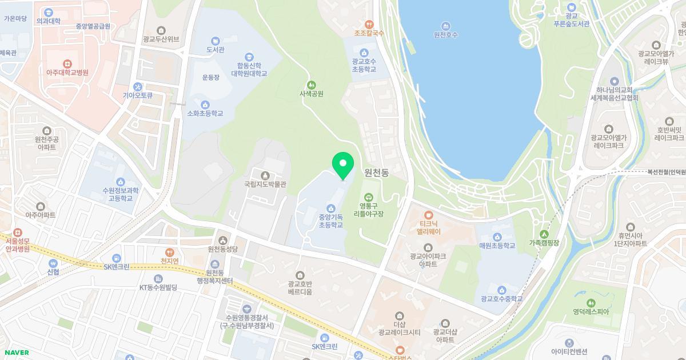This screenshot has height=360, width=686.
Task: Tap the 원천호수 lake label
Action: pyautogui.click(x=446, y=35)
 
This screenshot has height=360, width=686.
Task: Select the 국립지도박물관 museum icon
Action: pyautogui.click(x=265, y=175)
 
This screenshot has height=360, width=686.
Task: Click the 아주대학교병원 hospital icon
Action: pyautogui.click(x=67, y=63)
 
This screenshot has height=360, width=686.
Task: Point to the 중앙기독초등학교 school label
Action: pyautogui.click(x=330, y=221)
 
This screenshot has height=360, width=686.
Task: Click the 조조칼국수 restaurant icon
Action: pyautogui.click(x=369, y=24)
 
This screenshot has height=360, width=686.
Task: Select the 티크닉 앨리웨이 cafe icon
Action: pyautogui.click(x=428, y=214)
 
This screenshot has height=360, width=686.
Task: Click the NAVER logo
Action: pyautogui.click(x=15, y=353)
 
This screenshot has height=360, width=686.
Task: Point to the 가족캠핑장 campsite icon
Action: pyautogui.click(x=544, y=233)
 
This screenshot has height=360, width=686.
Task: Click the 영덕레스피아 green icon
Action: pyautogui.click(x=591, y=302)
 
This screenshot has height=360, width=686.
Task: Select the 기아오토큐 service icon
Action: pyautogui.click(x=137, y=86)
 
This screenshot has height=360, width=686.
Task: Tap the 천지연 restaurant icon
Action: pyautogui.click(x=169, y=251)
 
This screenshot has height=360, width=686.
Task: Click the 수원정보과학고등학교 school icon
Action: pyautogui.click(x=120, y=182)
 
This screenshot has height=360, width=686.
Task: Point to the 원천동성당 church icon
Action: pyautogui.click(x=222, y=240)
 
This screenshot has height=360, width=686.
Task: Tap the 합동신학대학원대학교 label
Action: pyautogui.click(x=249, y=70)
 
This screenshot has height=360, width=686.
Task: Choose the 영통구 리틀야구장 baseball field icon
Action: pyautogui.click(x=369, y=197)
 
